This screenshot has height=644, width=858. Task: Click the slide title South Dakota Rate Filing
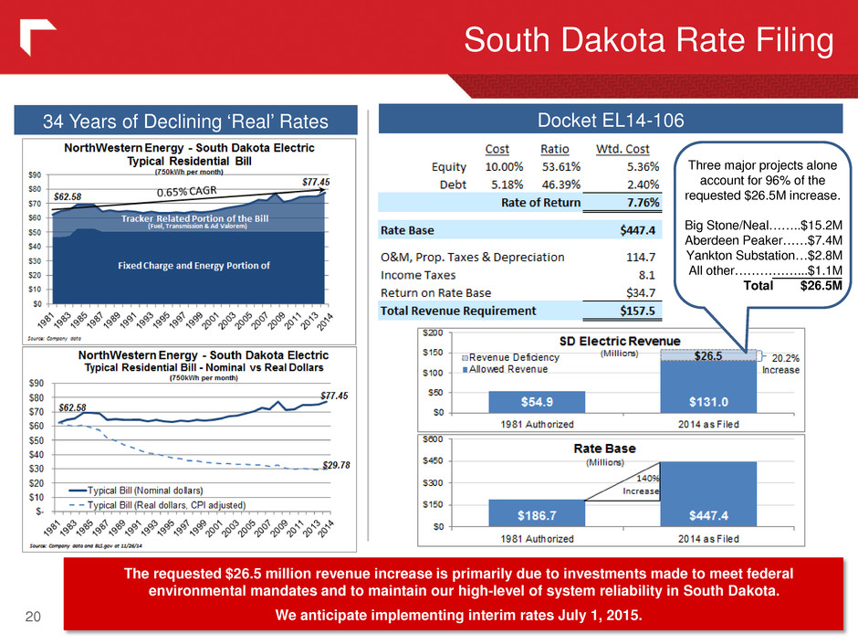coord(648,42)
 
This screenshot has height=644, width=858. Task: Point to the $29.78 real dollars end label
coord(340,465)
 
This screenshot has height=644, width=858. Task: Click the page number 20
coord(32,618)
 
